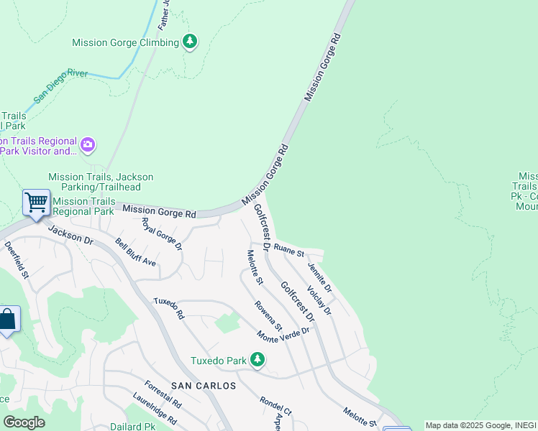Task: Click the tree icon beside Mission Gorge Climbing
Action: point(190,42)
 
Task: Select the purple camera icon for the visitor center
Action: point(88,146)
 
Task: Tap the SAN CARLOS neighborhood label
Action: point(203,386)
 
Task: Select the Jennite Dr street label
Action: point(320,277)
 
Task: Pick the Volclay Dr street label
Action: point(319,301)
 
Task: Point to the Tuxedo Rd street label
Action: point(170,309)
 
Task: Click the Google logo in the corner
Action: point(24,422)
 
